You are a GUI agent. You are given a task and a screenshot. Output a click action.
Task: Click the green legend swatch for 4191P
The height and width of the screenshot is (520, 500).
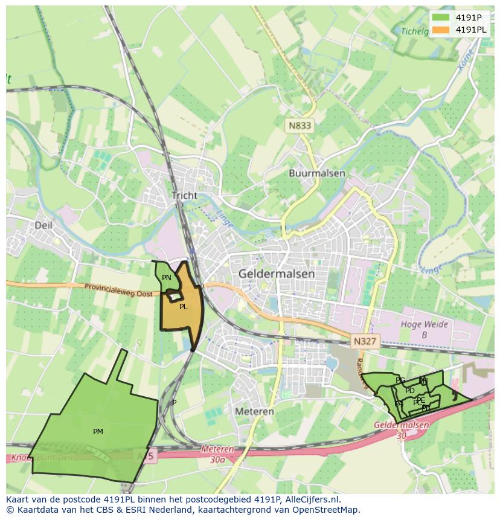tap(441, 17)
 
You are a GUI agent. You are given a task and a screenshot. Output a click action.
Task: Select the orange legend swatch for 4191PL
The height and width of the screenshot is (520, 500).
tap(441, 30)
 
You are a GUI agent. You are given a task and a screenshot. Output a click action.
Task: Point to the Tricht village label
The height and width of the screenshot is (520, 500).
tap(184, 196)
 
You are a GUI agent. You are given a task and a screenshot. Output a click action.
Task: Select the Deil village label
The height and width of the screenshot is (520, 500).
tap(43, 225)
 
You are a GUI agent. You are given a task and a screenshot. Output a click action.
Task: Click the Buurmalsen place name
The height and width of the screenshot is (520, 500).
tap(316, 173)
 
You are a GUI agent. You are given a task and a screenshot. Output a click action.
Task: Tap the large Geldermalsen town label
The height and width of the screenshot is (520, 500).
tap(277, 274)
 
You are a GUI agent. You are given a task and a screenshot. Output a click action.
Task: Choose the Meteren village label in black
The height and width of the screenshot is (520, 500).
tap(254, 411)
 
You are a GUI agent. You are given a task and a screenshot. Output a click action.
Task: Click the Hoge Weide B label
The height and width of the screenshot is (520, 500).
tap(425, 329)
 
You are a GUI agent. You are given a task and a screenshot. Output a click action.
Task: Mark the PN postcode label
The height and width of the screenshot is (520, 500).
tap(167, 278)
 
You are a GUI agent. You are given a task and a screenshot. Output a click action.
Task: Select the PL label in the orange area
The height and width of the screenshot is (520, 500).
tap(183, 307)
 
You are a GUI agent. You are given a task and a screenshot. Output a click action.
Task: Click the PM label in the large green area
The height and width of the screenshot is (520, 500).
tap(98, 431)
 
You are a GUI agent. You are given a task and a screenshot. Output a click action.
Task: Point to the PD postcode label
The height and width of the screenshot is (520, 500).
tap(410, 391)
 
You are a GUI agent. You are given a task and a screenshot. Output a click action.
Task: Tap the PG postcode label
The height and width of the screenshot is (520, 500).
tap(400, 380)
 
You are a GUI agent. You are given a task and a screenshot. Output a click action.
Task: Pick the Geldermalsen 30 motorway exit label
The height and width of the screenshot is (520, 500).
tap(402, 429)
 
